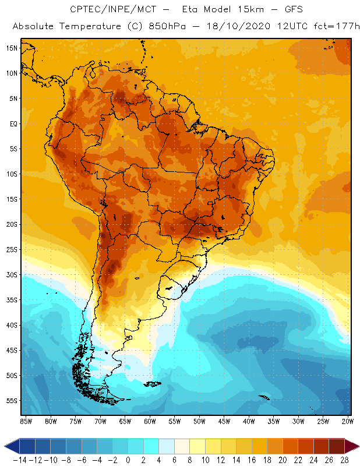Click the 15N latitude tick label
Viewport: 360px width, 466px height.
[x=11, y=48]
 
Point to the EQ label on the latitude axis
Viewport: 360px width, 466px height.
[x=12, y=123]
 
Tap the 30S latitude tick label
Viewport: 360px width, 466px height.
[x=11, y=274]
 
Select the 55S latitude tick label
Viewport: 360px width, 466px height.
[x=11, y=401]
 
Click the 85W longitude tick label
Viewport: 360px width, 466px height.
[x=26, y=421]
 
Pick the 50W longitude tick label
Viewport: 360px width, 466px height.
[x=200, y=421]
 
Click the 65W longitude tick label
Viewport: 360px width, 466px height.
[x=125, y=421]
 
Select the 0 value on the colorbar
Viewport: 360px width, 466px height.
[x=128, y=460]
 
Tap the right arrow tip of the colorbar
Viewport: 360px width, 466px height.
[x=357, y=446]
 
